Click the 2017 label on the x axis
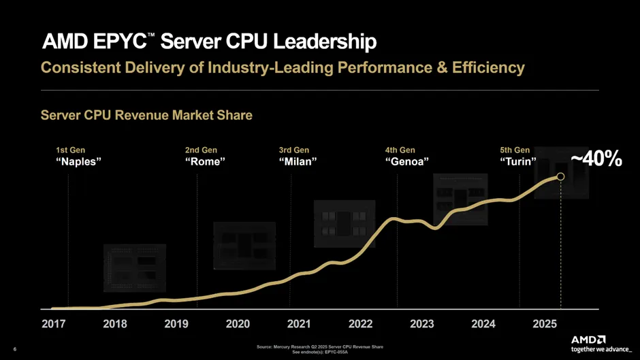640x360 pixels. point(54,324)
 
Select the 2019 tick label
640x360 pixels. point(176,324)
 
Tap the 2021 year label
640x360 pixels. point(299,324)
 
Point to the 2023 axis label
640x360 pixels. point(422,324)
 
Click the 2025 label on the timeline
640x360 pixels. point(545,324)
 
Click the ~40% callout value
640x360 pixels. point(596,159)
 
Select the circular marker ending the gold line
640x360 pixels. point(560,177)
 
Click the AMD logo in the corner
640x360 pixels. point(588,339)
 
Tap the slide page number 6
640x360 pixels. point(14,350)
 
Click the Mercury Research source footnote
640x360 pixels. point(319,347)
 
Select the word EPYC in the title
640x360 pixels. point(116,42)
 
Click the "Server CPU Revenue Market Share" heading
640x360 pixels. point(146,115)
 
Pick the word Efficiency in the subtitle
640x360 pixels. point(488,68)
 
